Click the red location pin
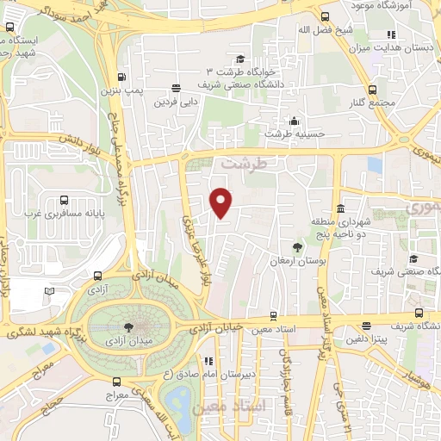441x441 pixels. coord(221,202)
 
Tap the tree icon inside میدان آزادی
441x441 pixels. coord(128,326)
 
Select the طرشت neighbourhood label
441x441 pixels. coord(239,162)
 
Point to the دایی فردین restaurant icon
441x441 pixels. coord(177,88)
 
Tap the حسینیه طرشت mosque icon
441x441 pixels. coord(295,121)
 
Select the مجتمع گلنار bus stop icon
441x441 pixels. coord(373,90)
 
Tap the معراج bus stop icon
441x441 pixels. coord(117,382)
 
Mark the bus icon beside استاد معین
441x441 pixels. coord(273,316)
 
